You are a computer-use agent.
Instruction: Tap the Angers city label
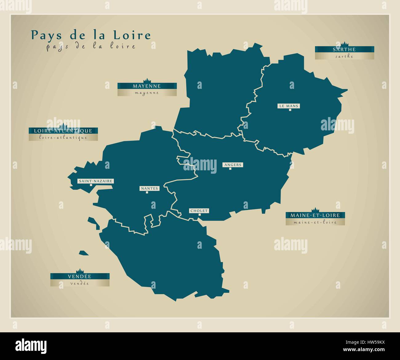pos(233,165)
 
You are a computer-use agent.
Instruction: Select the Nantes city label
pos(149,188)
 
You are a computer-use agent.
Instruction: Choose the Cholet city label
pos(199,211)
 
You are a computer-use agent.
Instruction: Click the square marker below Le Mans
pos(290,110)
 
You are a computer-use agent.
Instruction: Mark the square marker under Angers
pos(230,168)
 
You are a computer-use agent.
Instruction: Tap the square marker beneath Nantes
pos(147,192)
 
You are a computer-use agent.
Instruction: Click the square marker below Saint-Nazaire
pos(91,185)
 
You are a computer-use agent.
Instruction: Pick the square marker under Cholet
pos(199,215)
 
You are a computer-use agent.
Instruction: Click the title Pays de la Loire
pos(91,35)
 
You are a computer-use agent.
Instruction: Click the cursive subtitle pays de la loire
pos(91,47)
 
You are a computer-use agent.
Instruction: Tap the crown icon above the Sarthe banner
pos(344,44)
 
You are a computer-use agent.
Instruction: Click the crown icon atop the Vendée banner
pos(80,271)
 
